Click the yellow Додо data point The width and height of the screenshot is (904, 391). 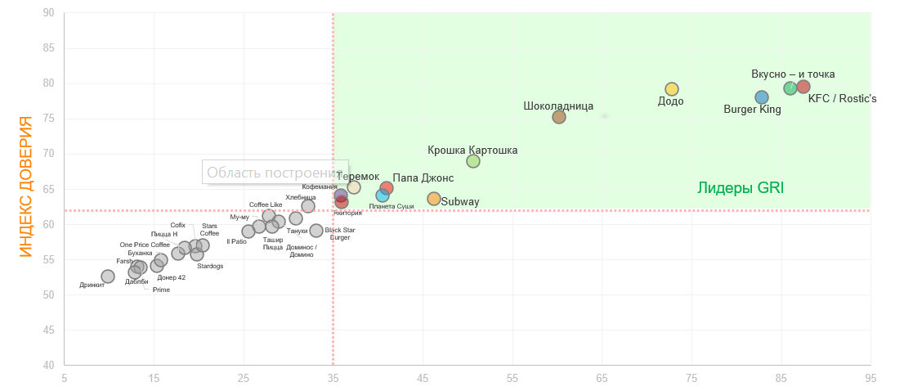point(672,89)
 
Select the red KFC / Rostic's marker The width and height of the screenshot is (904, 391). point(803,87)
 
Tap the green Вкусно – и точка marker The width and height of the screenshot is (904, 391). point(790,88)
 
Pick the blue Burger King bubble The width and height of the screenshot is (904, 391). point(762,97)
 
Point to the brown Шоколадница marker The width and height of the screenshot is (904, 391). point(559,117)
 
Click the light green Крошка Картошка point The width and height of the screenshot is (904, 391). point(473,161)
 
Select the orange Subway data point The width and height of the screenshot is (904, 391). point(434,199)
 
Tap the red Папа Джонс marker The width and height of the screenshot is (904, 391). point(387,188)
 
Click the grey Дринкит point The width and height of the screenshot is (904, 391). point(108,276)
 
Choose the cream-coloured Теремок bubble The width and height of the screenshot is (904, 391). point(354,187)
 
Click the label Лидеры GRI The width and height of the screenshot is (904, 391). point(741,188)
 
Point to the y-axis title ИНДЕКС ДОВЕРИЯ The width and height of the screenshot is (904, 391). point(27,187)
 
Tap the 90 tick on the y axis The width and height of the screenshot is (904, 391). point(48,13)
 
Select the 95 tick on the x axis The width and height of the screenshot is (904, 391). point(870,378)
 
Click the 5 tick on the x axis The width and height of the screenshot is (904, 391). point(65,378)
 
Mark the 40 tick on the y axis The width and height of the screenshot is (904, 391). point(48,365)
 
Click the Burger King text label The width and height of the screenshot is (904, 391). point(753,110)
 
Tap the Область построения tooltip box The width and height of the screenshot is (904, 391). point(275,172)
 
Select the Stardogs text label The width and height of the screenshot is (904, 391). point(210,266)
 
